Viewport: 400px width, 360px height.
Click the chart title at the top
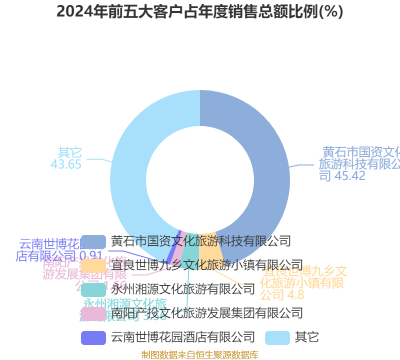199,11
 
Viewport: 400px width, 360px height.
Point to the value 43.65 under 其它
66,164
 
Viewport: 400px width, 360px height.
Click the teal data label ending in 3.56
125,309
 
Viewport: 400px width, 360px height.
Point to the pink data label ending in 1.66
85,274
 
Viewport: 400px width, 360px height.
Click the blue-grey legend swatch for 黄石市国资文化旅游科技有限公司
93,241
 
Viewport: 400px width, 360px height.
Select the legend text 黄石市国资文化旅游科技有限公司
200,241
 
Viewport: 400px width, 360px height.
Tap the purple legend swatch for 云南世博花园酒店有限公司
93,337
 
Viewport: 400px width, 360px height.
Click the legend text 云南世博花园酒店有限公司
182,337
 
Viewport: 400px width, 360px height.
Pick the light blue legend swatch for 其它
277,337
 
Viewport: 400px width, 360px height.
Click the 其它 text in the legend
306,337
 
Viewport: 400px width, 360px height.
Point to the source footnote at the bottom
199,354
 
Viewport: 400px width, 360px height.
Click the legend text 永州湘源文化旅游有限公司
182,289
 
